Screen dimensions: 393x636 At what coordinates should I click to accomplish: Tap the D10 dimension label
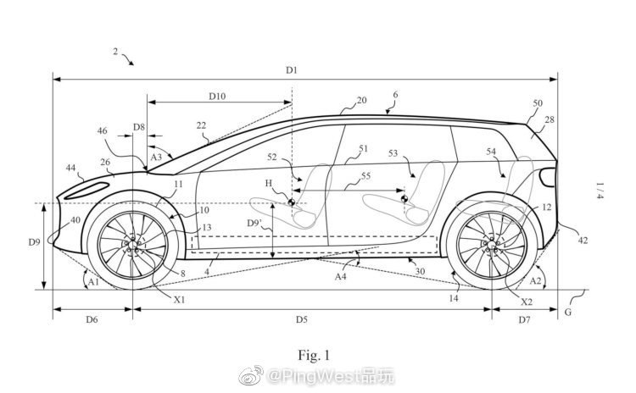217,97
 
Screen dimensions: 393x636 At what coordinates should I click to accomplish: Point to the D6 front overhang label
92,319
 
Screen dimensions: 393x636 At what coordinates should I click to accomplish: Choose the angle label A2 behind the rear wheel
537,280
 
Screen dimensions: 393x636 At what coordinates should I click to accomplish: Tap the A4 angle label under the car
340,276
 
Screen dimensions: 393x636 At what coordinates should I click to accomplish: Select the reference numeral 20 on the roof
361,100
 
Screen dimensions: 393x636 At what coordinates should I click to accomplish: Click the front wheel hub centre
131,245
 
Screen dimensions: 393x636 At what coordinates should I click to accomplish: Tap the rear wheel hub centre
490,245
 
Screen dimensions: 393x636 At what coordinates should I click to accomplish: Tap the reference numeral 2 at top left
115,52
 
